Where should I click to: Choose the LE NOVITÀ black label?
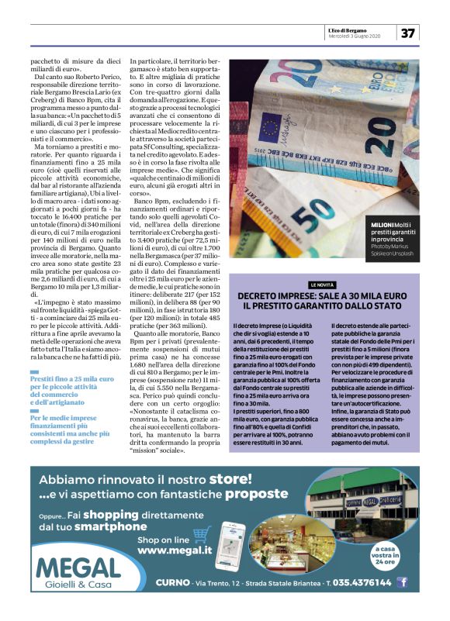point(325,285)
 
